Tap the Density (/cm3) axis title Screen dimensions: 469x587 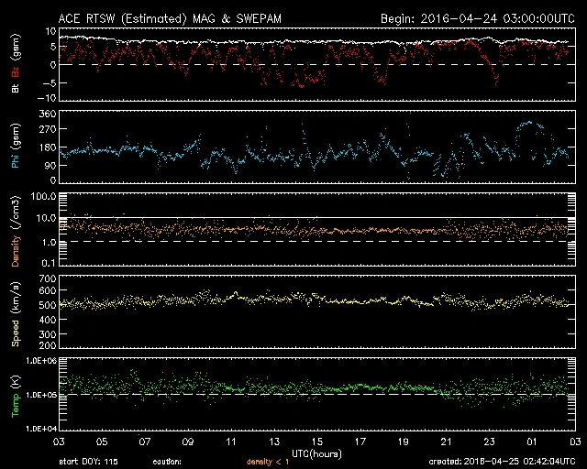tap(15, 234)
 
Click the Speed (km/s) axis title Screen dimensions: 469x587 tap(15, 312)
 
